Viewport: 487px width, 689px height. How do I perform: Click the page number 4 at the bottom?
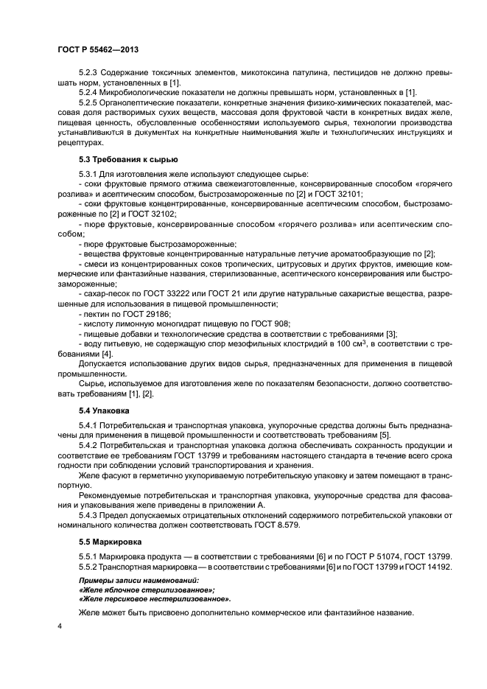[60, 625]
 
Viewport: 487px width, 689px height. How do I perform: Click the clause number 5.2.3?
[89, 74]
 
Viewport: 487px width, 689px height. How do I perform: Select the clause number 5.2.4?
[89, 92]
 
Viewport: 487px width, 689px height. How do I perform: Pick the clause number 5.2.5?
[89, 102]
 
